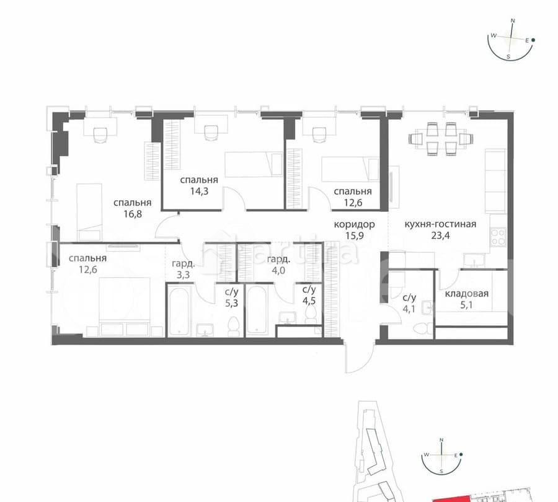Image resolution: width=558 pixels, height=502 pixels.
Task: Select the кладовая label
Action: click(x=466, y=294)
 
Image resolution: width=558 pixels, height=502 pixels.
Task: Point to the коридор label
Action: click(x=354, y=224)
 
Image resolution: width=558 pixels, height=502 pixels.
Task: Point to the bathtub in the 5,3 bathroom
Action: click(x=182, y=310)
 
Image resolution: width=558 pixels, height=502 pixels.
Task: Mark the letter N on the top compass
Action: click(x=513, y=20)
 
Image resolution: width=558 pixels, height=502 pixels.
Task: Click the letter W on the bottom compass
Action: click(x=427, y=454)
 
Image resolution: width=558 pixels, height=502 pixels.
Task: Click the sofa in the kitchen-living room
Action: click(x=496, y=180)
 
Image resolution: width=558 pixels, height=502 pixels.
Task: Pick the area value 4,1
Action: click(x=407, y=302)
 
